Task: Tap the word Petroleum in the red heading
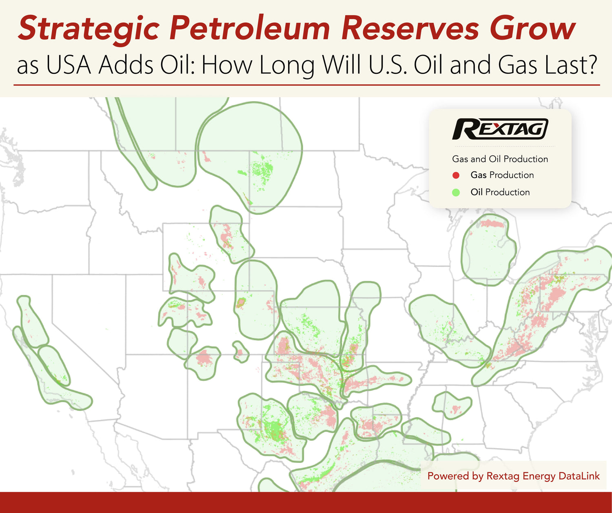[x=249, y=29]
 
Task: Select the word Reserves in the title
[x=410, y=29]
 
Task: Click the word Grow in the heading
[x=532, y=29]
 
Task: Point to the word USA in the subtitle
[x=69, y=65]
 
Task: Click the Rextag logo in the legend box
[x=500, y=129]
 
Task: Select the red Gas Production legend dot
[x=456, y=175]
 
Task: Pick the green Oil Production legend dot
[x=456, y=192]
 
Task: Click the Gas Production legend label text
[x=502, y=175]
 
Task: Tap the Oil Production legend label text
[x=500, y=192]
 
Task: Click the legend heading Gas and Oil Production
[x=500, y=159]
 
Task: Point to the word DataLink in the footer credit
[x=579, y=476]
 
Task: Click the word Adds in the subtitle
[x=126, y=65]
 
